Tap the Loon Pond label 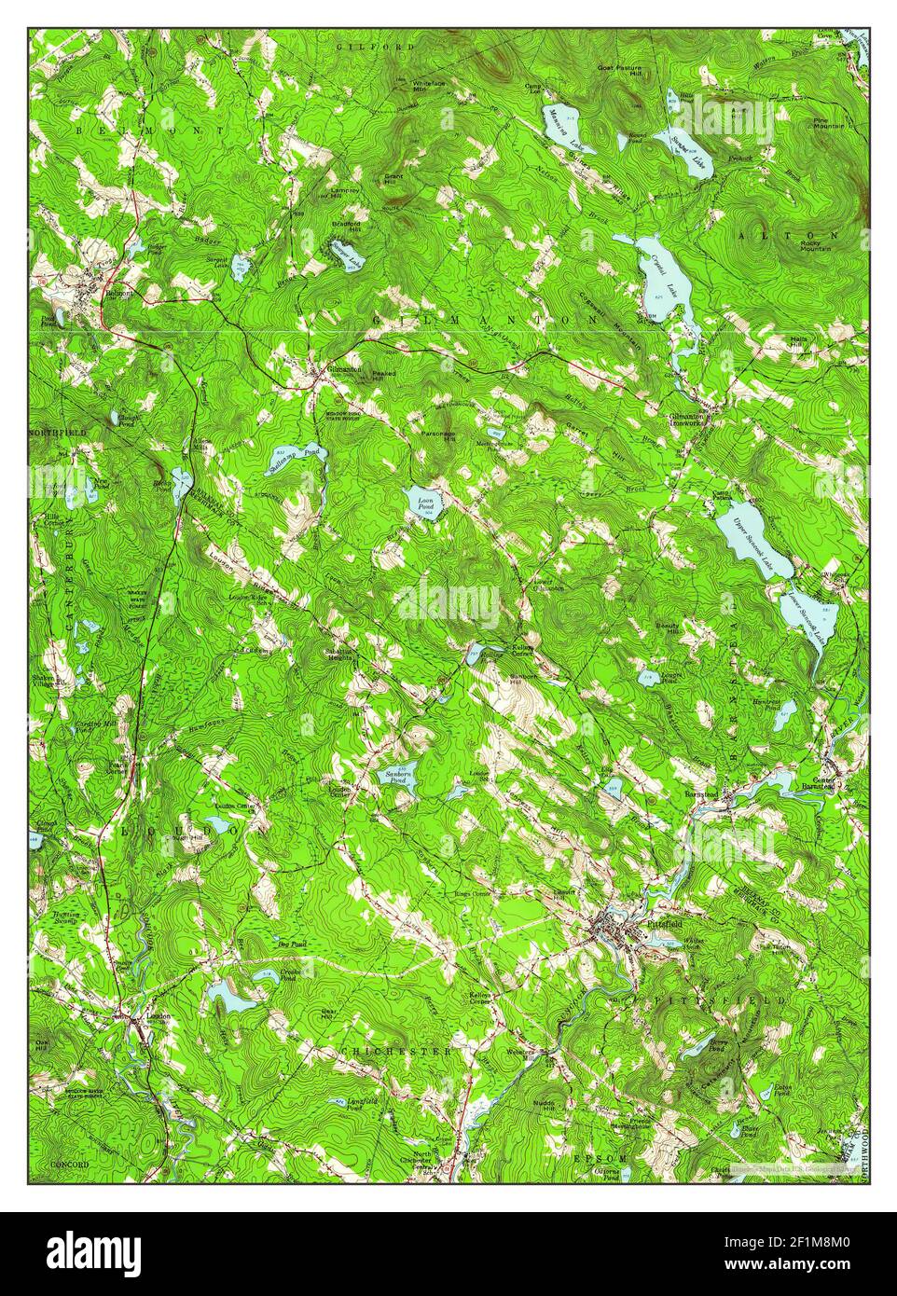pos(425,504)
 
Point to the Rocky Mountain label pos(818,245)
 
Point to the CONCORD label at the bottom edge pos(70,1165)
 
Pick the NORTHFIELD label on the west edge pos(58,434)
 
